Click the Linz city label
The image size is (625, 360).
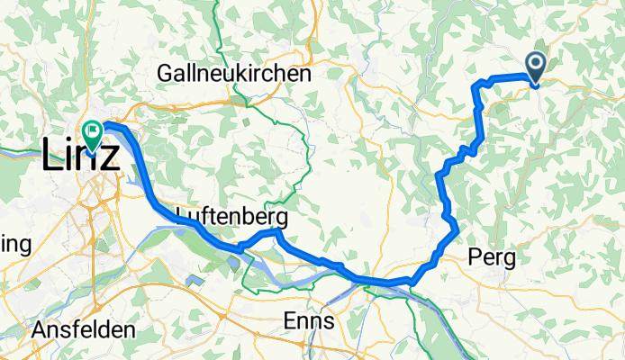[x=79, y=157]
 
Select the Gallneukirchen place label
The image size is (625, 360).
[x=233, y=74]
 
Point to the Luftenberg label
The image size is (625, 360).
[x=232, y=218]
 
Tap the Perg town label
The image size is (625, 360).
[x=493, y=259]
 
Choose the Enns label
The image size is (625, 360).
[x=309, y=320]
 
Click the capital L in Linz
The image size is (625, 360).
[x=51, y=157]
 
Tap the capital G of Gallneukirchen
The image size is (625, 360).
[x=165, y=74]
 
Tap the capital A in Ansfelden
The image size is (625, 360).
[x=39, y=330]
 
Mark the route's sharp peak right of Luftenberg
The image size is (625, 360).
[x=278, y=232]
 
